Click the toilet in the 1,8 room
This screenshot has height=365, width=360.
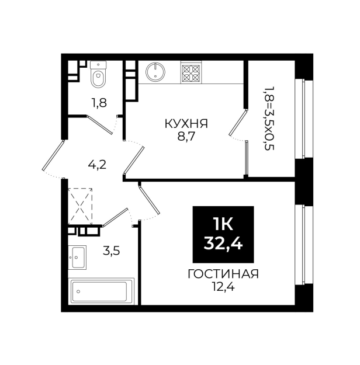coord(98,74)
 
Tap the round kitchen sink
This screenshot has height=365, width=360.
coord(155,71)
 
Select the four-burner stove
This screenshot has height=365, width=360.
coord(191,72)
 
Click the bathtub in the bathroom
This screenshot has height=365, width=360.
coord(101,291)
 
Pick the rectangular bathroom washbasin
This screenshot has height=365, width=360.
coord(77,257)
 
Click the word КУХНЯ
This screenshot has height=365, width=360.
coord(186,124)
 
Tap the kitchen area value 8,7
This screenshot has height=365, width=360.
coord(186,137)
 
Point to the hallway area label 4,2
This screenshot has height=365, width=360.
coord(97,165)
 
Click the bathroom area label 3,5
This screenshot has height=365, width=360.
coord(112,251)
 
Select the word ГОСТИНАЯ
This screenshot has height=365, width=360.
coord(223,274)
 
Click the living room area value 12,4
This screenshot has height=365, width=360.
coord(223,287)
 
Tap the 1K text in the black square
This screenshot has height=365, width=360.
coord(223,225)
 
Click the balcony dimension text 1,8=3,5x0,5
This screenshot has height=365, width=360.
coord(269,119)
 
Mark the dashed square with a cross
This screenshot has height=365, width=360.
coord(80,207)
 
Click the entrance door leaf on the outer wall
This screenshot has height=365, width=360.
coord(53,155)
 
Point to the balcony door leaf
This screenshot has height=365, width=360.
coord(238,123)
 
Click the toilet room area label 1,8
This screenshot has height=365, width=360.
coord(98,103)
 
